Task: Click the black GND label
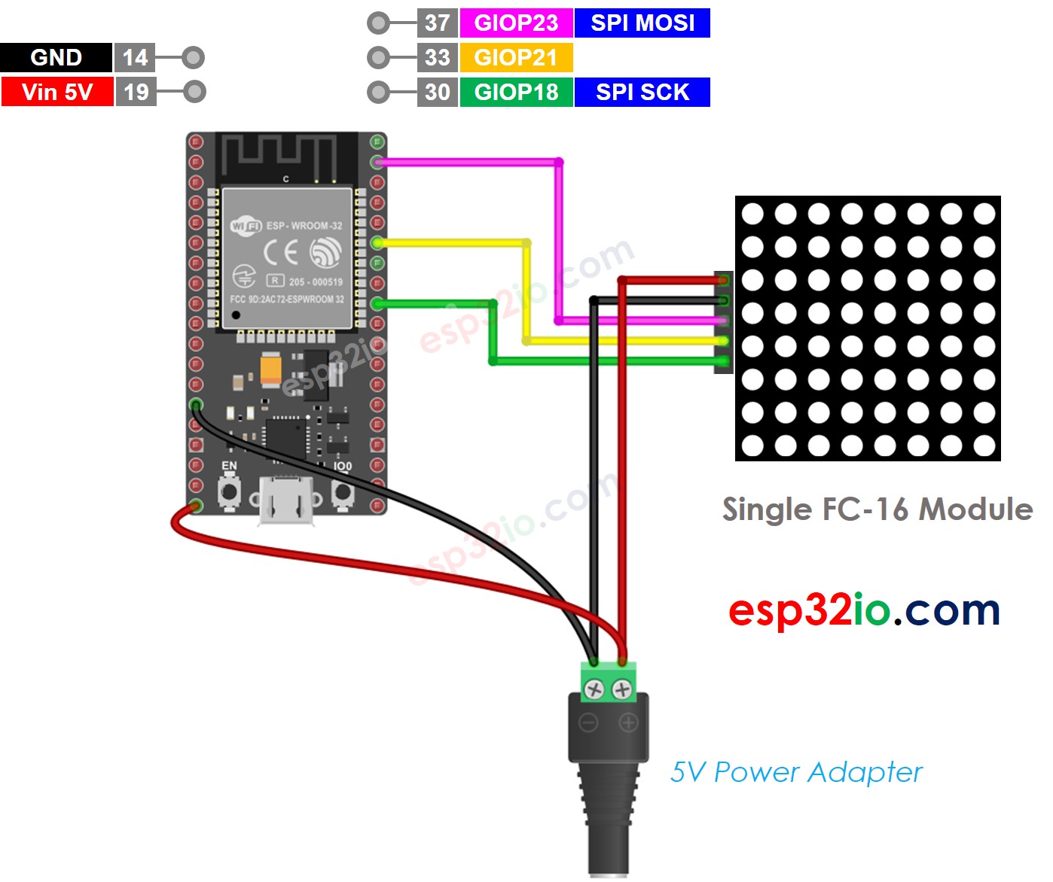tap(56, 57)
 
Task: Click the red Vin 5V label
tap(57, 92)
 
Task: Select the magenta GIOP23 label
tap(516, 23)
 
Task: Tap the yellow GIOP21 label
tap(516, 57)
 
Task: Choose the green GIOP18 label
tap(516, 92)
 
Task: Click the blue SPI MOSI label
tap(642, 23)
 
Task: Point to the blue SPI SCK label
tap(642, 92)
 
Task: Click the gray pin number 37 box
tap(437, 23)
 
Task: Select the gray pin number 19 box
tap(136, 92)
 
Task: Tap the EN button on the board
tap(229, 493)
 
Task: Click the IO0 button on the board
tap(343, 493)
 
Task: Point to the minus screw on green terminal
tap(595, 689)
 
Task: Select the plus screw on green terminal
tap(622, 689)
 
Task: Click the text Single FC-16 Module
tap(877, 509)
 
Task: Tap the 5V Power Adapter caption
tap(796, 772)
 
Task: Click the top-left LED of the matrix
tap(752, 214)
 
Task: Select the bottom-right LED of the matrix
tap(984, 446)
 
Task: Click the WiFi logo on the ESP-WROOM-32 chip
tap(246, 226)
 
